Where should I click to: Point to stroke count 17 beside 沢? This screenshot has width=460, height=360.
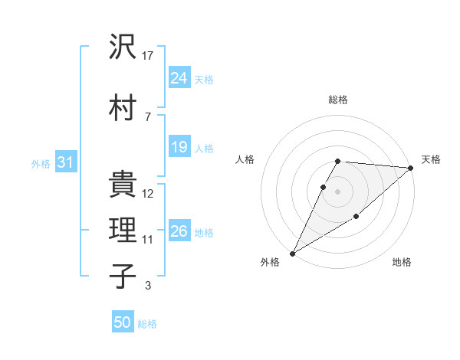pyautogui.click(x=149, y=55)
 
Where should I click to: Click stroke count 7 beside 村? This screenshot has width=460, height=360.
pyautogui.click(x=148, y=116)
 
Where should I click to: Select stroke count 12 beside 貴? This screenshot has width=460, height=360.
pyautogui.click(x=149, y=194)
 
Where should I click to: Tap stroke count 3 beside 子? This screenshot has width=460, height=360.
pyautogui.click(x=148, y=286)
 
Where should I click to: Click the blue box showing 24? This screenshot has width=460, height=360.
pyautogui.click(x=179, y=78)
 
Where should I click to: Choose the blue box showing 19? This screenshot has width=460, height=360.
pyautogui.click(x=179, y=147)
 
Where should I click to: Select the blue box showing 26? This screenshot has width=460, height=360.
pyautogui.click(x=179, y=231)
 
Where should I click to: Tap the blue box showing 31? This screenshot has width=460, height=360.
pyautogui.click(x=65, y=162)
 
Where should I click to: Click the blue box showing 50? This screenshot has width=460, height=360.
pyautogui.click(x=122, y=322)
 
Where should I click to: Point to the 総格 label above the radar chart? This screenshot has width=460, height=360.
pyautogui.click(x=338, y=100)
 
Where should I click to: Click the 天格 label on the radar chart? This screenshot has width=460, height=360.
pyautogui.click(x=431, y=159)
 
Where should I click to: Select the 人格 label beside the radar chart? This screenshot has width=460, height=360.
pyautogui.click(x=245, y=159)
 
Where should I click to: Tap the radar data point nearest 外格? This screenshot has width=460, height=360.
pyautogui.click(x=292, y=253)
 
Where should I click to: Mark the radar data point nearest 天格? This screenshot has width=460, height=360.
pyautogui.click(x=411, y=169)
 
